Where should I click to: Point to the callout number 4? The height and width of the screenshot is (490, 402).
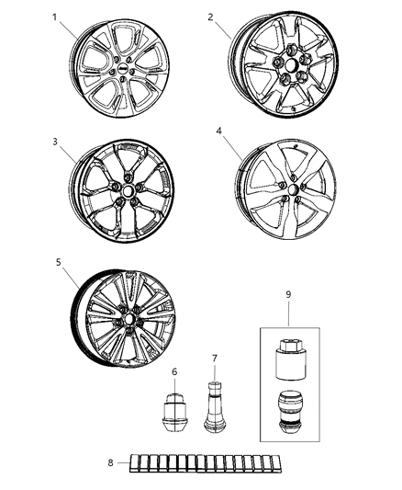(x=218, y=131)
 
